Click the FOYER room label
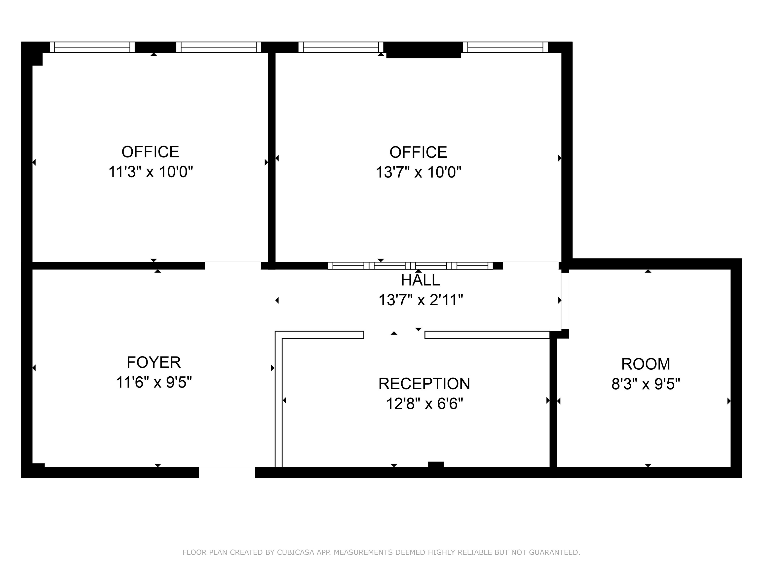pos(153,362)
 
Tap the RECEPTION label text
pos(424,384)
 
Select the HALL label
pos(420,280)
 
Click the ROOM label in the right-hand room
pos(646,364)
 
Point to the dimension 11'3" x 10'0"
pos(151,172)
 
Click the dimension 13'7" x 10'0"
pos(419,172)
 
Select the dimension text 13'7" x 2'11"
pos(421,300)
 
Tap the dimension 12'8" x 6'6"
pos(425,404)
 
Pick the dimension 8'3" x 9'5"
pos(646,384)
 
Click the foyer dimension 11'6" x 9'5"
pos(154,382)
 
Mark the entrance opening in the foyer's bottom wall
pos(227,472)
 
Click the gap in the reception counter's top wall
pos(394,334)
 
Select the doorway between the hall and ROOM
pos(565,300)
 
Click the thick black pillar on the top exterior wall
pos(423,50)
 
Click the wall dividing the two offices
pos(272,157)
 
